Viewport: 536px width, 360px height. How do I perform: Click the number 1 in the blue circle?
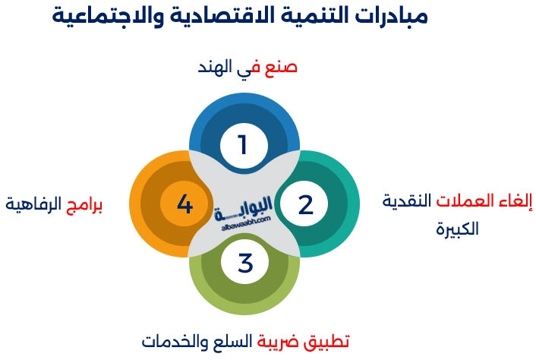(243, 144)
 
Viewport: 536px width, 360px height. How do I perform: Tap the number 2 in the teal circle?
(304, 204)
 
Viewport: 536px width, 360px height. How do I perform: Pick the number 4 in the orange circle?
(184, 204)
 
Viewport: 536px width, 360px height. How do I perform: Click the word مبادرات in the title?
(388, 16)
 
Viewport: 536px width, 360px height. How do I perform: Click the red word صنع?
(281, 68)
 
